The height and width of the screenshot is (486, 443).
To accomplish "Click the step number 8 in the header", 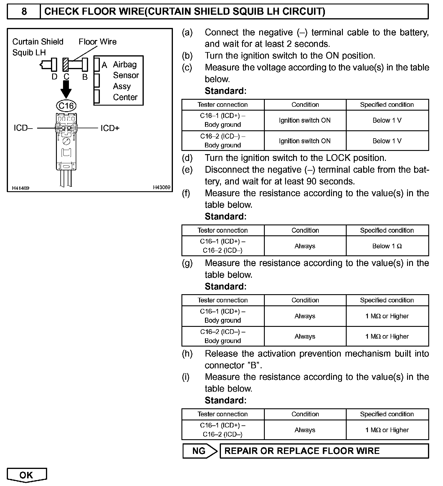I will pos(24,11).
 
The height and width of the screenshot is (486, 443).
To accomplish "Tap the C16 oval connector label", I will pos(66,106).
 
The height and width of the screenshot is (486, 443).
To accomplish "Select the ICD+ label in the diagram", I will pos(110,128).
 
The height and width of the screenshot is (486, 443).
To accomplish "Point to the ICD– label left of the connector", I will pos(23,128).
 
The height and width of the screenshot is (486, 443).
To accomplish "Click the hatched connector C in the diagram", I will pos(66,65).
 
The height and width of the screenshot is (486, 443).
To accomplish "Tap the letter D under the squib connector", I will pos(54,77).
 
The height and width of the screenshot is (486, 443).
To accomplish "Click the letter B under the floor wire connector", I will pos(85,77).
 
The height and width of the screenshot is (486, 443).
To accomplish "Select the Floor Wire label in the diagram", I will pos(97,42).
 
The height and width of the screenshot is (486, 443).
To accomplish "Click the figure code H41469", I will pos(21,188).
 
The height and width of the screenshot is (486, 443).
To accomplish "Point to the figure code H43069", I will pos(161,187).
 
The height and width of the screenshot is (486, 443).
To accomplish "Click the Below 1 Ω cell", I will pos(387,246).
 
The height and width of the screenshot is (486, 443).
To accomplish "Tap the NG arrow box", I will pos(199,451).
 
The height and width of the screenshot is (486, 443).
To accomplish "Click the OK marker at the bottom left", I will pos(27,475).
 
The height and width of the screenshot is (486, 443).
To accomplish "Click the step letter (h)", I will pos(187,354).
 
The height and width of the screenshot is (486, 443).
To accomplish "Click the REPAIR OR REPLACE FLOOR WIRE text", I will pos(302,451).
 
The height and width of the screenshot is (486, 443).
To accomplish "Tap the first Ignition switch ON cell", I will pos(305,120).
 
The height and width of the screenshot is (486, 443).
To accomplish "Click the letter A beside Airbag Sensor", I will pos(104,65).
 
